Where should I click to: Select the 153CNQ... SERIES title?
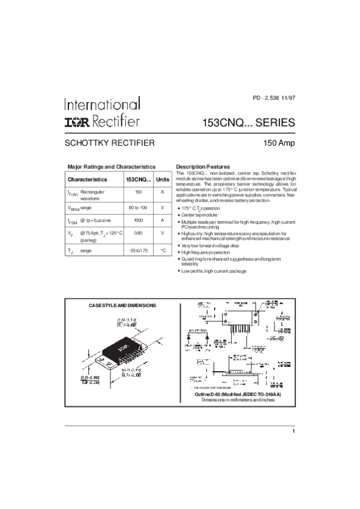250,123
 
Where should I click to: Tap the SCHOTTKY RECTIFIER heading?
110,143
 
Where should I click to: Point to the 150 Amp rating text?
279,144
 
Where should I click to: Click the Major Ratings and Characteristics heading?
112,166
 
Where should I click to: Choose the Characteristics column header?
87,179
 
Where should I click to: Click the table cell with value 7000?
138,220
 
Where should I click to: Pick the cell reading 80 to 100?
138,207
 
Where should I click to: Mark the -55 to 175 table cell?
138,249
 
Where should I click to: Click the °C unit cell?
163,249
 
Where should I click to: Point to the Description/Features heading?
202,166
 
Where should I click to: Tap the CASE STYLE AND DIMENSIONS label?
122,305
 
